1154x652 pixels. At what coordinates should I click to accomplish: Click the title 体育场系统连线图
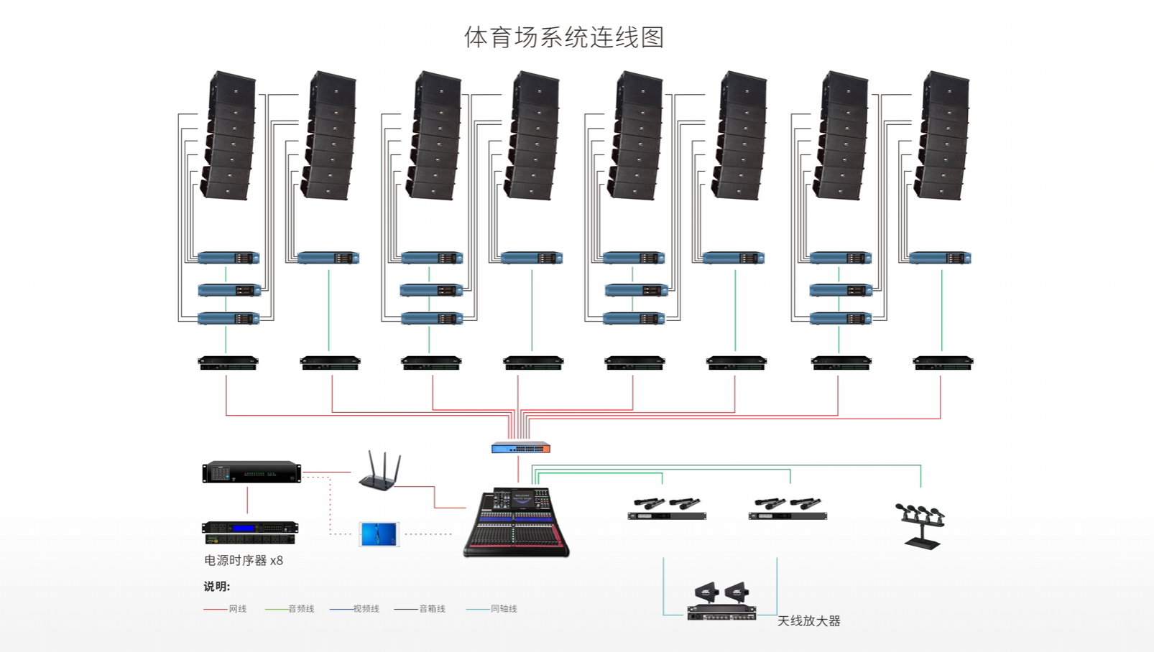pyautogui.click(x=564, y=37)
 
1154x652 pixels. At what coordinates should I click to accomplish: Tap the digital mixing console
pyautogui.click(x=516, y=522)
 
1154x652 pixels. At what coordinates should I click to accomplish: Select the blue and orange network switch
pyautogui.click(x=521, y=447)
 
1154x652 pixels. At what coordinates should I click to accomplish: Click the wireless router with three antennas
pyautogui.click(x=380, y=471)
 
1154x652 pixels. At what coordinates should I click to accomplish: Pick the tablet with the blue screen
pyautogui.click(x=379, y=534)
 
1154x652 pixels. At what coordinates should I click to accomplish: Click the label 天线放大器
pyautogui.click(x=808, y=621)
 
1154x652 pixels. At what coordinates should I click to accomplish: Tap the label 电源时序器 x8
pyautogui.click(x=244, y=560)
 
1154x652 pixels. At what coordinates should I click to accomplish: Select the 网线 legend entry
pyautogui.click(x=225, y=609)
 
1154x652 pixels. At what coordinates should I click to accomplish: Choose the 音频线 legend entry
pyautogui.click(x=290, y=609)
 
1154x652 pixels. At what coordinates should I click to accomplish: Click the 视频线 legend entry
pyautogui.click(x=354, y=609)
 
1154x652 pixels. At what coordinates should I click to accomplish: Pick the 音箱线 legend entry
pyautogui.click(x=420, y=609)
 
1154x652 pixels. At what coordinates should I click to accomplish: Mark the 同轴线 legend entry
pyautogui.click(x=491, y=609)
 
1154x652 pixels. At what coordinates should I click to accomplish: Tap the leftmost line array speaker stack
pyautogui.click(x=228, y=136)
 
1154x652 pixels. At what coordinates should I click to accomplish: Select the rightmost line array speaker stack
pyautogui.click(x=941, y=136)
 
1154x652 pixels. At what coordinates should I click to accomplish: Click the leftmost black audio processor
pyautogui.click(x=229, y=363)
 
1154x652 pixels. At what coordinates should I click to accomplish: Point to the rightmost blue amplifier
pyautogui.click(x=940, y=258)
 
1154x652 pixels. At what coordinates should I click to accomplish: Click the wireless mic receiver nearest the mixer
pyautogui.click(x=667, y=509)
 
